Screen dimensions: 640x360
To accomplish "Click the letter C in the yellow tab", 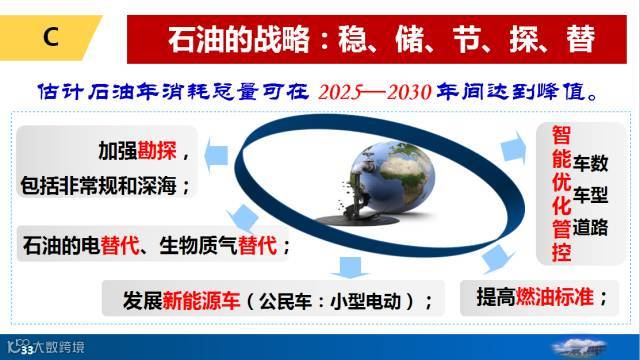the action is coord(51,37).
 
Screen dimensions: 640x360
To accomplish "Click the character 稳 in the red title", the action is coord(352,39).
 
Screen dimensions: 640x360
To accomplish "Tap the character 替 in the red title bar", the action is coord(580,39).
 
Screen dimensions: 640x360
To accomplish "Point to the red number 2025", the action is coord(340,92).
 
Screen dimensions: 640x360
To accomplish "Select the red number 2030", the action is coord(409,92).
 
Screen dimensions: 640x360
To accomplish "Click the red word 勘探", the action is coord(157,150).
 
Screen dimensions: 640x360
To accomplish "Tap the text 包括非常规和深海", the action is coord(99,186).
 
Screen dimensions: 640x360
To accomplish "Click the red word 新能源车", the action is coord(201,301).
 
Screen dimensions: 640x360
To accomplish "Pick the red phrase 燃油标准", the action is coord(555,296).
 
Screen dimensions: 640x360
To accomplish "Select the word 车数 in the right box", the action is coord(590,163).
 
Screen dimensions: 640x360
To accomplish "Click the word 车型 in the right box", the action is coord(590,195).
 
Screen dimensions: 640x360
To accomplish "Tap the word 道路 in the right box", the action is coord(590,227).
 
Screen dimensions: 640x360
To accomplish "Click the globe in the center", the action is coord(392,176).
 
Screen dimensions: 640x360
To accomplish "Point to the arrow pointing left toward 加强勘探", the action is coord(216,156).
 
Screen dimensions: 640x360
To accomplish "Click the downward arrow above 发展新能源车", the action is coord(350,267).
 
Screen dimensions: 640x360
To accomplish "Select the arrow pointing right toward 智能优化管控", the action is coord(513,148).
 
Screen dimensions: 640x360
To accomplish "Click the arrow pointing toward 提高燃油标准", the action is coord(496,259).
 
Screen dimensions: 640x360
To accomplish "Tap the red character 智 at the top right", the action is coord(561,135).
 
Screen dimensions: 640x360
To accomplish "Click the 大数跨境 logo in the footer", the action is coord(46,347).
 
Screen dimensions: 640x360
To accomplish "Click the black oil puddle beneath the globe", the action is coord(357,220).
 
